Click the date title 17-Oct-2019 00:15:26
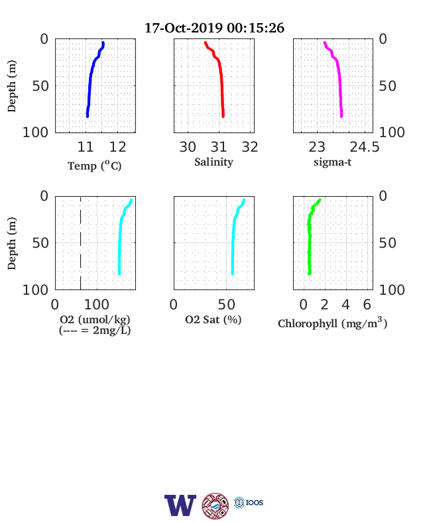(215, 28)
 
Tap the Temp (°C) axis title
(95, 166)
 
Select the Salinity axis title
(213, 162)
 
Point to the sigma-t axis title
(332, 162)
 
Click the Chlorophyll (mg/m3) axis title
(332, 323)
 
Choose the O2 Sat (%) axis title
(213, 319)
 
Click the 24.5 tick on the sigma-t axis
(365, 147)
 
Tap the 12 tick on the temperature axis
(117, 147)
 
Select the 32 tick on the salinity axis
(250, 147)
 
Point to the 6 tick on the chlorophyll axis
(367, 304)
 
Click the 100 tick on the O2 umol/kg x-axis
(97, 304)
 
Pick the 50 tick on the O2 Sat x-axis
(227, 304)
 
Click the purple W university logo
(180, 505)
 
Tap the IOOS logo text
(255, 502)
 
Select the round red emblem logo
(215, 506)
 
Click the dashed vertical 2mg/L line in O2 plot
(81, 243)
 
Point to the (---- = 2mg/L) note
(95, 331)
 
